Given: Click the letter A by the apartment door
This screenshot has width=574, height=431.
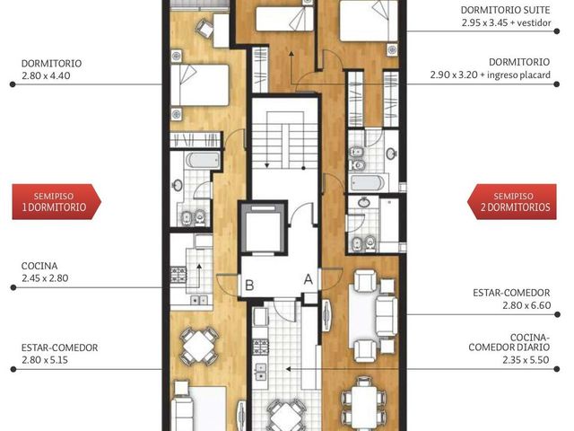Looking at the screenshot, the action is [x=309, y=279].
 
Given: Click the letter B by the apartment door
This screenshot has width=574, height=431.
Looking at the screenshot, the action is [x=249, y=286].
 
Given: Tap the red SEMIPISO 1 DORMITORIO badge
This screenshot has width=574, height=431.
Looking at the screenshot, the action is [x=57, y=201].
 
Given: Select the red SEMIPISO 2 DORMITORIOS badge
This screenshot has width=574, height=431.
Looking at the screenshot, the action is [x=512, y=201].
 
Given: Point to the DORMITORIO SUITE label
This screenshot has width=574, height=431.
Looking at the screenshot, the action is [x=505, y=10].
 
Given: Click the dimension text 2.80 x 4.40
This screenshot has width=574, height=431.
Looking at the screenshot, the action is [x=46, y=75].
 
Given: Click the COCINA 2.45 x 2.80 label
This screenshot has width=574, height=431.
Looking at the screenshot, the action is [x=45, y=272].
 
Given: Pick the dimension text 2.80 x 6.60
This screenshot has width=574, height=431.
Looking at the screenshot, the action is [x=526, y=305].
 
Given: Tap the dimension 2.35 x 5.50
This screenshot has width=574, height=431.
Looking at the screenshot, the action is [x=526, y=360].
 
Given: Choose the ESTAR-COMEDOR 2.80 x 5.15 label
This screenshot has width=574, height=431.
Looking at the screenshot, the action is [x=59, y=354].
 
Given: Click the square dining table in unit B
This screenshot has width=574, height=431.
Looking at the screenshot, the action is [x=198, y=347].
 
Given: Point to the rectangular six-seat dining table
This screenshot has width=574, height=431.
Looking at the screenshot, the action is [x=363, y=403].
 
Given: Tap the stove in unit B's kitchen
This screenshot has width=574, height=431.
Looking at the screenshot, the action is [x=178, y=276].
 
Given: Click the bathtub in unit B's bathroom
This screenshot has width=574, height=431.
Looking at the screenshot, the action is [x=203, y=160].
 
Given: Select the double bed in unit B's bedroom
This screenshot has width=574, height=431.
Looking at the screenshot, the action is [x=199, y=85].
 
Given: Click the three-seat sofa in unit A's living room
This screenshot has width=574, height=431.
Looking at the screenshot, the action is [x=387, y=316].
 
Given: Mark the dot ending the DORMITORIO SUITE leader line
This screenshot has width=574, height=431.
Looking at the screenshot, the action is [x=557, y=31].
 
